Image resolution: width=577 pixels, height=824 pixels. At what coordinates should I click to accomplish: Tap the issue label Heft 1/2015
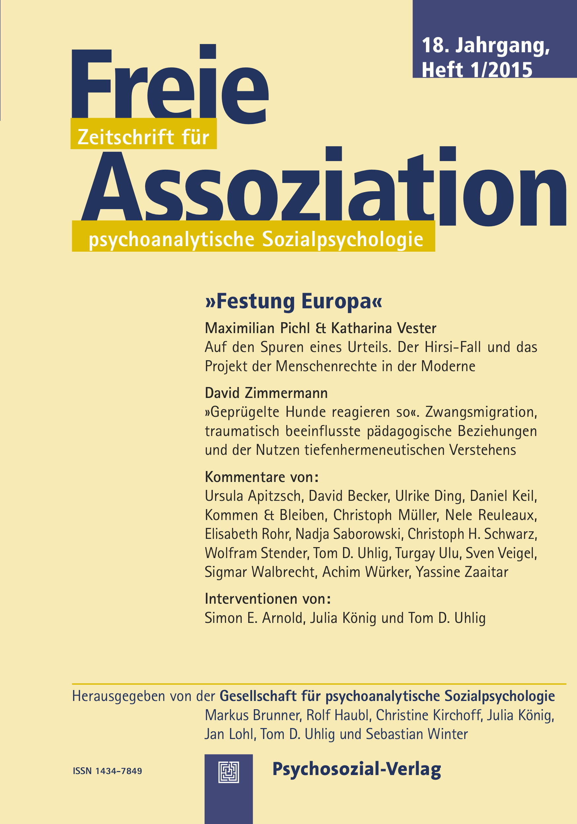point(477,69)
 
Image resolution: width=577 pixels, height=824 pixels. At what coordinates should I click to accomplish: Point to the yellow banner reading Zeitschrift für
point(143,137)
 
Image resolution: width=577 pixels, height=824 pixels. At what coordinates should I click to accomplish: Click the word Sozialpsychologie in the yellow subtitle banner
point(342,239)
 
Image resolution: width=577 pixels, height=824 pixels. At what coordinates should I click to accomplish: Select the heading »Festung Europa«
point(293,301)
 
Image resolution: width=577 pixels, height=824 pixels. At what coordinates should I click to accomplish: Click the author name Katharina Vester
point(383,328)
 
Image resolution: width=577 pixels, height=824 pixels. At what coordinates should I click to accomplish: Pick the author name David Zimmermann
point(266,393)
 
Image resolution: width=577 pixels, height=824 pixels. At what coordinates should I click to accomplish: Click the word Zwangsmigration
point(481,412)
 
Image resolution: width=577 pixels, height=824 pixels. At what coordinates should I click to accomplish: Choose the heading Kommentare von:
point(261,477)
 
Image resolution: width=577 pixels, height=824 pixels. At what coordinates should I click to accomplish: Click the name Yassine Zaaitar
point(462,572)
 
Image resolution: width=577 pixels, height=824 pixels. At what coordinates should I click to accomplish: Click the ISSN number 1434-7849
point(118,771)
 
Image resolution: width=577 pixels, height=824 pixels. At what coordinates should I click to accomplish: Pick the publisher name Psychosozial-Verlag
point(357,769)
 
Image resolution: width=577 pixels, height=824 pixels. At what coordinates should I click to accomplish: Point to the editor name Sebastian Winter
point(417,734)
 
